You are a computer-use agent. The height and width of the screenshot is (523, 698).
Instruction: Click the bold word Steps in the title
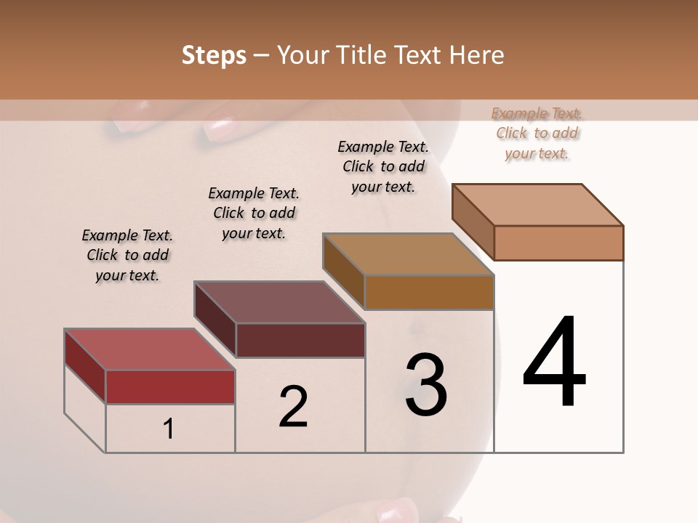(214, 55)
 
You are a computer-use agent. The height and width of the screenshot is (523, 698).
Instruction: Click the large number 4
(555, 362)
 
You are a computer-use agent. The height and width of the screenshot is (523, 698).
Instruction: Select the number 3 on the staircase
(426, 385)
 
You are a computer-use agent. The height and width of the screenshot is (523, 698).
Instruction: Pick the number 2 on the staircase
(294, 406)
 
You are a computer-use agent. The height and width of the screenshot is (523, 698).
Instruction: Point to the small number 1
(169, 429)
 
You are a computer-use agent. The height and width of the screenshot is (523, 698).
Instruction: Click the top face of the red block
(148, 349)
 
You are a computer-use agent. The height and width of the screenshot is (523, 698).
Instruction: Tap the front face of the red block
(170, 386)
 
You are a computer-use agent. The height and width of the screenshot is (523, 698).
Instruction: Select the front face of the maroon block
(300, 340)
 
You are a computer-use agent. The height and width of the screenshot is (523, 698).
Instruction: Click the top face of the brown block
(408, 254)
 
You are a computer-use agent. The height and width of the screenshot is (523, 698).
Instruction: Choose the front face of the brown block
(429, 292)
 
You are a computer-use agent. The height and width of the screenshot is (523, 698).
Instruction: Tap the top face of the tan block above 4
(537, 204)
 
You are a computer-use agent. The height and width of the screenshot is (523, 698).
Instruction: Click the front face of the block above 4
(558, 243)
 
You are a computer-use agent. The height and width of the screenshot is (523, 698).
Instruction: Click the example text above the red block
(127, 255)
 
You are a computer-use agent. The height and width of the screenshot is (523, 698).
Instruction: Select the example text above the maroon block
(254, 213)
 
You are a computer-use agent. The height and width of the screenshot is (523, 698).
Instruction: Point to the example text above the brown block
(383, 166)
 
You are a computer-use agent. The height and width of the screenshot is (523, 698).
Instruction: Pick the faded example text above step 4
(537, 133)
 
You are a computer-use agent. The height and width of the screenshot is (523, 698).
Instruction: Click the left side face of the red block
(85, 366)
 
